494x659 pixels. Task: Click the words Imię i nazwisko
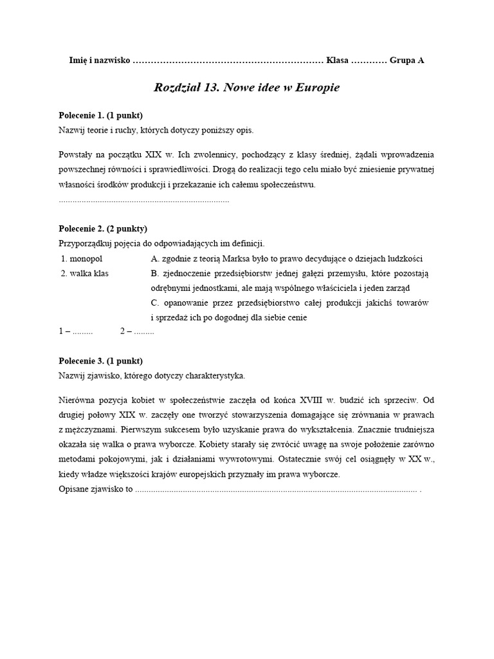[99, 60]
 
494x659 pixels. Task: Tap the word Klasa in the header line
[337, 60]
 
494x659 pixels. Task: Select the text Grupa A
[407, 60]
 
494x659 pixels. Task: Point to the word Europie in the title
[316, 88]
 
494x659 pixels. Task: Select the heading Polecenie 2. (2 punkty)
[103, 228]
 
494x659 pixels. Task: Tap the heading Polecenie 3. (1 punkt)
[100, 360]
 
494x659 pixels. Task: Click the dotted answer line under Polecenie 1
[144, 201]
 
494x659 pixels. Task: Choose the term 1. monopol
[82, 259]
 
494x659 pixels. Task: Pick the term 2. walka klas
[85, 273]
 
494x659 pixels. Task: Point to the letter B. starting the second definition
[154, 273]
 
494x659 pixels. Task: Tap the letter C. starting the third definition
[154, 302]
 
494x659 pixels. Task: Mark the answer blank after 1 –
[83, 332]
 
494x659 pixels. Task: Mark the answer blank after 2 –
[144, 332]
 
